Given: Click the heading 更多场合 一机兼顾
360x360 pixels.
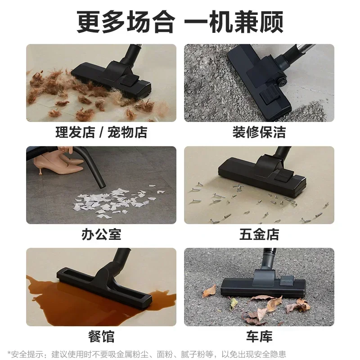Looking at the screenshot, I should pyautogui.click(x=180, y=22).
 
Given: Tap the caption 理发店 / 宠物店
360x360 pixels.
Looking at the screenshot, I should pyautogui.click(x=101, y=132).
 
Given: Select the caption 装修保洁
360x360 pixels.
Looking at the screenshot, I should pyautogui.click(x=259, y=132).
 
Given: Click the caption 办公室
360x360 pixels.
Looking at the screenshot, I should pyautogui.click(x=101, y=234).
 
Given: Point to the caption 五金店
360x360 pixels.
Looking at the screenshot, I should pyautogui.click(x=259, y=234).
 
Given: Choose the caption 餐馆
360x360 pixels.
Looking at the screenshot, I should pyautogui.click(x=101, y=336).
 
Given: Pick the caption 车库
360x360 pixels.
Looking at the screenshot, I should pyautogui.click(x=259, y=336).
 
